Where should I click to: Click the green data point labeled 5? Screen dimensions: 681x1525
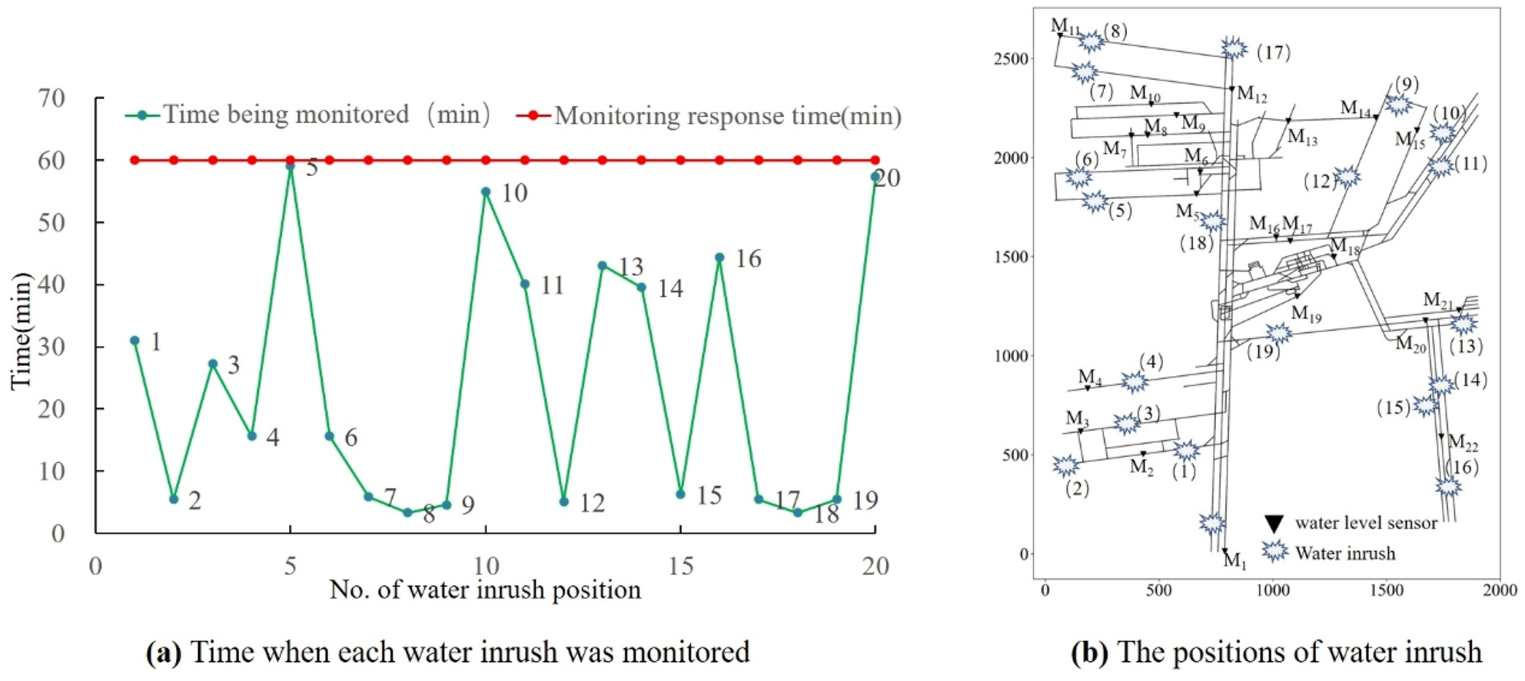291,166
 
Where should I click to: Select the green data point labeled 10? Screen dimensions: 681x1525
486,192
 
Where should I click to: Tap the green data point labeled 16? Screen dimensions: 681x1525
719,258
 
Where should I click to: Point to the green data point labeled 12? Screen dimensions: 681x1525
564,502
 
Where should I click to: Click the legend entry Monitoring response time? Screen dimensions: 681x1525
727,116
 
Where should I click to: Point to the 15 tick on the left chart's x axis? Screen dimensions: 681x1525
681,566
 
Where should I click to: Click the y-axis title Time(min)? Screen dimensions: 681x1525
22,331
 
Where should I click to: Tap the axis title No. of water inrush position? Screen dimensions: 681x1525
485,590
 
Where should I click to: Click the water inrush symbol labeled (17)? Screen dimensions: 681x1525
1234,48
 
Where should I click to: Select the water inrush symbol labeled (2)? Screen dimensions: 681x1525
1065,465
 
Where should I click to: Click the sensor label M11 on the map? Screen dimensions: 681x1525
1065,27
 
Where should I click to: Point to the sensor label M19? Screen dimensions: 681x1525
1306,314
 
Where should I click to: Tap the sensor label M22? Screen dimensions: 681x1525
1463,443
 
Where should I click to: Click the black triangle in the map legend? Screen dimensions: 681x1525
1274,524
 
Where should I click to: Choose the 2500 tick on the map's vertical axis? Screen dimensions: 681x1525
1012,59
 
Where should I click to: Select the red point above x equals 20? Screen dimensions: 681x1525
875,160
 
